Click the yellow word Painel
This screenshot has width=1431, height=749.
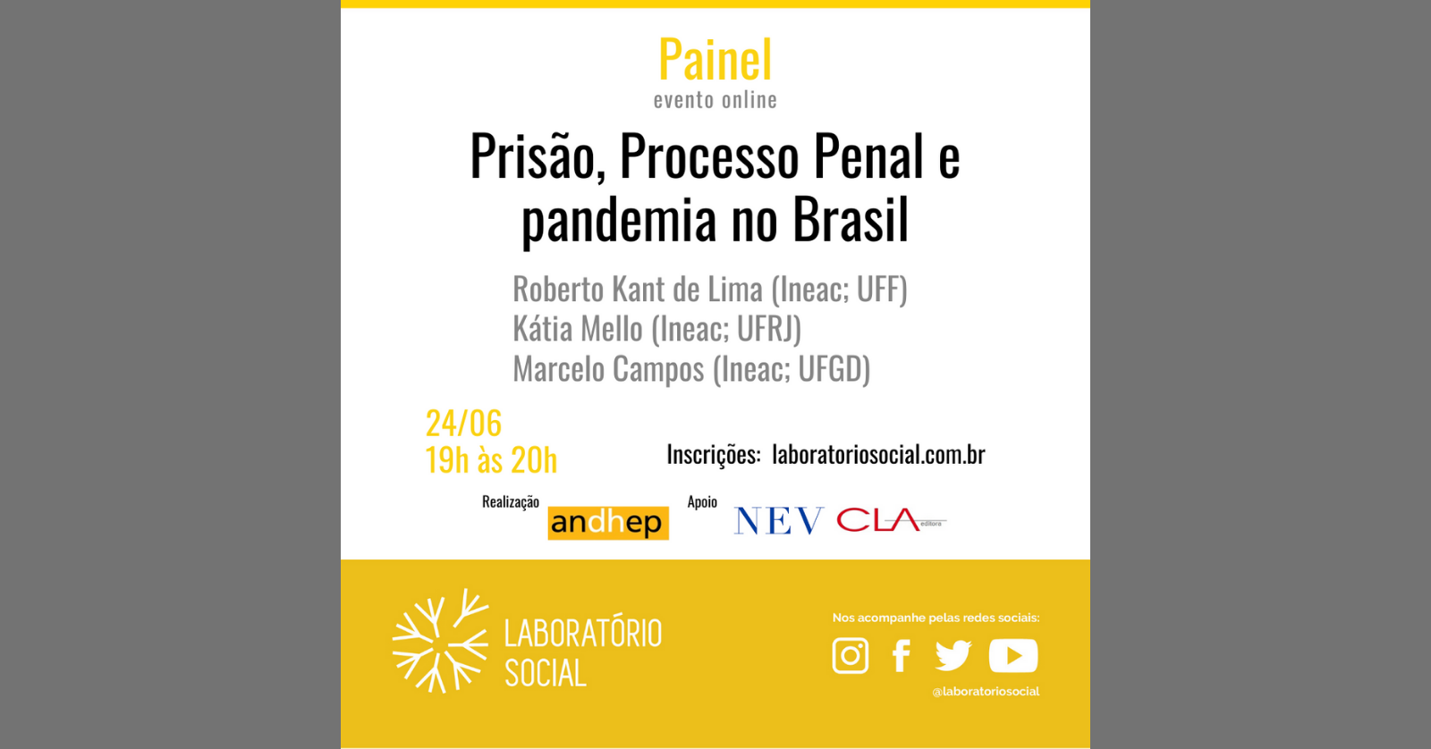pyautogui.click(x=715, y=61)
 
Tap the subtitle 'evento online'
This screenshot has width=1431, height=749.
pyautogui.click(x=715, y=100)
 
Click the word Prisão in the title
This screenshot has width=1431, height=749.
pyautogui.click(x=532, y=157)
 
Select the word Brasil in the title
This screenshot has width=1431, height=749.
pyautogui.click(x=851, y=221)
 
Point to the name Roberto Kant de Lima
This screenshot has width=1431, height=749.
pyautogui.click(x=638, y=290)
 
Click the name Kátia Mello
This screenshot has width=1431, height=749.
pyautogui.click(x=578, y=329)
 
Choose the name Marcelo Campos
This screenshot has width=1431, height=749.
pyautogui.click(x=608, y=369)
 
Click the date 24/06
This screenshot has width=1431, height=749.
pyautogui.click(x=463, y=423)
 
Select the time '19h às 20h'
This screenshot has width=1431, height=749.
pyautogui.click(x=491, y=460)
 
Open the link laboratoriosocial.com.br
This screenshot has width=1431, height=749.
pyautogui.click(x=878, y=455)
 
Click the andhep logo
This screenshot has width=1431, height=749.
pyautogui.click(x=608, y=522)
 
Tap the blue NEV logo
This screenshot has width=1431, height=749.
pyautogui.click(x=778, y=520)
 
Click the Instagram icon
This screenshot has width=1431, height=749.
pyautogui.click(x=851, y=655)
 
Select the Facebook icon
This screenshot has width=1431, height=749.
pyautogui.click(x=902, y=655)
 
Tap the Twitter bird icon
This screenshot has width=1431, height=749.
pyautogui.click(x=953, y=655)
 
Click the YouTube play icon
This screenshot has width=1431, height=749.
pyautogui.click(x=1013, y=655)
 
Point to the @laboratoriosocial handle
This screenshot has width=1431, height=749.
pyautogui.click(x=986, y=691)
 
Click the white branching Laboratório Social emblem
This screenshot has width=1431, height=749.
pyautogui.click(x=440, y=641)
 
